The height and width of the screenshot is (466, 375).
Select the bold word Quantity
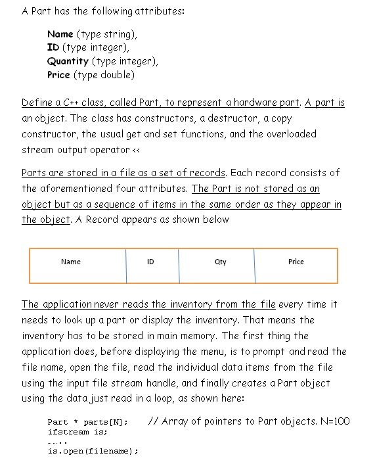click(68, 61)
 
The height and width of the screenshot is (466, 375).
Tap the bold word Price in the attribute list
click(58, 75)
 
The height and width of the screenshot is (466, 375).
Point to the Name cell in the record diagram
click(70, 262)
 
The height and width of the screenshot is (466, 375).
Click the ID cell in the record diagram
click(150, 262)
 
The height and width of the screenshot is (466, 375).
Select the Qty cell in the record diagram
click(221, 262)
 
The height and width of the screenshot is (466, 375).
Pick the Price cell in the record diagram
click(296, 262)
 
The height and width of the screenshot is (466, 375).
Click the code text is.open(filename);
click(93, 452)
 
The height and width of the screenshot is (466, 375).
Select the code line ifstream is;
click(77, 432)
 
